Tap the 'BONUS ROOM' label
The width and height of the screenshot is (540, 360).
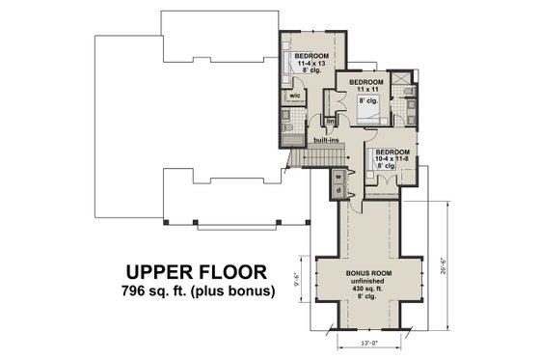tap(369, 273)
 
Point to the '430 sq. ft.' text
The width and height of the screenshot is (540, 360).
tap(369, 289)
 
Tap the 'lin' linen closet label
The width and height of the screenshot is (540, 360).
tap(329, 122)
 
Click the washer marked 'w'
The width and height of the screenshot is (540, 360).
tap(338, 177)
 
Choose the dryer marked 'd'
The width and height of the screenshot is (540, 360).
tap(338, 191)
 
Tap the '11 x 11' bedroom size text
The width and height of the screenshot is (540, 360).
tap(364, 90)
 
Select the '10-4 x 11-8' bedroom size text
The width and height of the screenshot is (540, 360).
tap(391, 160)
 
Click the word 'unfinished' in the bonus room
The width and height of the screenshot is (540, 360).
tap(369, 281)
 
